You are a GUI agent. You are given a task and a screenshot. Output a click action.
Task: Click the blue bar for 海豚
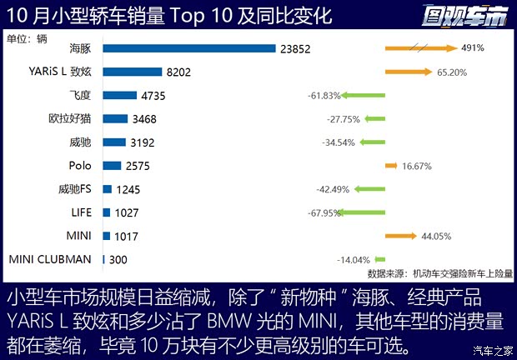[x=189, y=48]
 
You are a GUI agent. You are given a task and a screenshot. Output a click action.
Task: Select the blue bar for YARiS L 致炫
[x=133, y=72]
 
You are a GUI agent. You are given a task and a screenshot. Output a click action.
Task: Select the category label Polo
[x=81, y=166]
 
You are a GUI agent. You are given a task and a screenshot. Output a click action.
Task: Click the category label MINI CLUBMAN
[x=50, y=259]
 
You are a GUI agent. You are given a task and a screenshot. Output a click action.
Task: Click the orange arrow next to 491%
[x=422, y=48]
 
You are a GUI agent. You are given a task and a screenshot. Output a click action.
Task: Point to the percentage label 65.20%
[x=453, y=72]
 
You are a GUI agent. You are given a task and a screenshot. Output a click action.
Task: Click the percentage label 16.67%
[x=418, y=166]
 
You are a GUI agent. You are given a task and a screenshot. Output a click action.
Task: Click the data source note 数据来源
[x=440, y=272]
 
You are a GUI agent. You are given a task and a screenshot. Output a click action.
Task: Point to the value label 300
[x=118, y=259]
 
